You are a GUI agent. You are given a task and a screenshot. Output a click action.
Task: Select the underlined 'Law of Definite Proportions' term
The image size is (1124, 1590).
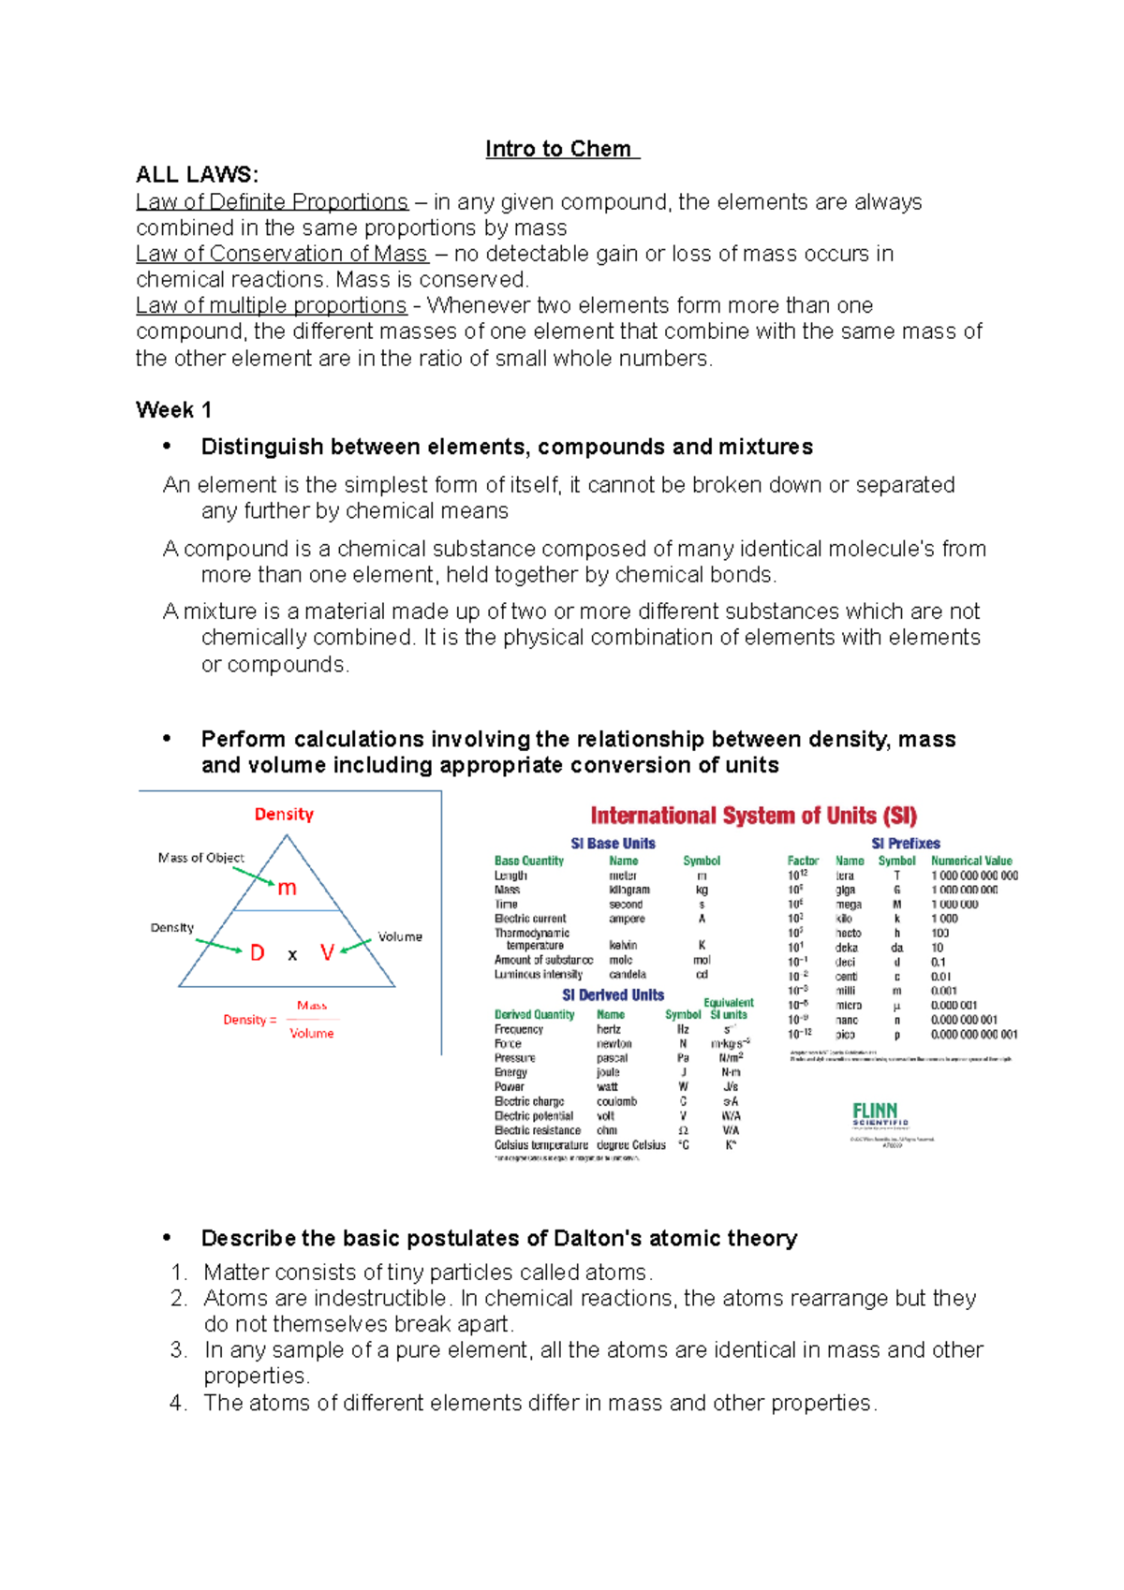(x=272, y=202)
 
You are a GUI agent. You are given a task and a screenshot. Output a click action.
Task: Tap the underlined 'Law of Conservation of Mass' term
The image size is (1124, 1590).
(x=281, y=254)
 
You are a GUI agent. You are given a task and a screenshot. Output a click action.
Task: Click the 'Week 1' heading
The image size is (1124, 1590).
(x=173, y=410)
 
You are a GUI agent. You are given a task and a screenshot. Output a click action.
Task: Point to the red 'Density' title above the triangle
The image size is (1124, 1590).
(x=284, y=815)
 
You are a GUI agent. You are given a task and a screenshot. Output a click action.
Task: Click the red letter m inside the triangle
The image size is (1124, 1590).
(x=287, y=888)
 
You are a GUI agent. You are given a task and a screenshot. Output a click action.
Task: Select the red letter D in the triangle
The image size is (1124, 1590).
(x=258, y=953)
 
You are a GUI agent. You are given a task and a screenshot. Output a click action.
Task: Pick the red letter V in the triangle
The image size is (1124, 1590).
(x=327, y=953)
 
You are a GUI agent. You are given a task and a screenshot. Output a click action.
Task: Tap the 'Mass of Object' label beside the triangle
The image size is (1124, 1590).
(x=200, y=858)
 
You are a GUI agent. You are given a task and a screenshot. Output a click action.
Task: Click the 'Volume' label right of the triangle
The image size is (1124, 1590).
(x=400, y=936)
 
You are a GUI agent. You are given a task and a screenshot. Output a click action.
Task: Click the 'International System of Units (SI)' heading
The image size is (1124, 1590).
(x=753, y=816)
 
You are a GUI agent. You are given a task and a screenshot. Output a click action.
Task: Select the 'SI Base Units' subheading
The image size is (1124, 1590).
(x=613, y=844)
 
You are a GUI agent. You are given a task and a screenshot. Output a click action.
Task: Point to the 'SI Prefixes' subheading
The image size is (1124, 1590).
(x=905, y=844)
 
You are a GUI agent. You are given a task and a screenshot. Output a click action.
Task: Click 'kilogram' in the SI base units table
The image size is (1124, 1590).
(x=629, y=890)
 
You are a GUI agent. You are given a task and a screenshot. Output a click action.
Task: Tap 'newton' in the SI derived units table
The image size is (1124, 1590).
(x=614, y=1043)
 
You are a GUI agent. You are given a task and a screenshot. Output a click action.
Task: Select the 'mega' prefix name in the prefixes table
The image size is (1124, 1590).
(x=849, y=905)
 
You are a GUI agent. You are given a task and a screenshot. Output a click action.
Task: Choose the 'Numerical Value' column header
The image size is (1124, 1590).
(x=971, y=861)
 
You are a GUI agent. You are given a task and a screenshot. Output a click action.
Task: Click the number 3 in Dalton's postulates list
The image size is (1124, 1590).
(x=178, y=1350)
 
